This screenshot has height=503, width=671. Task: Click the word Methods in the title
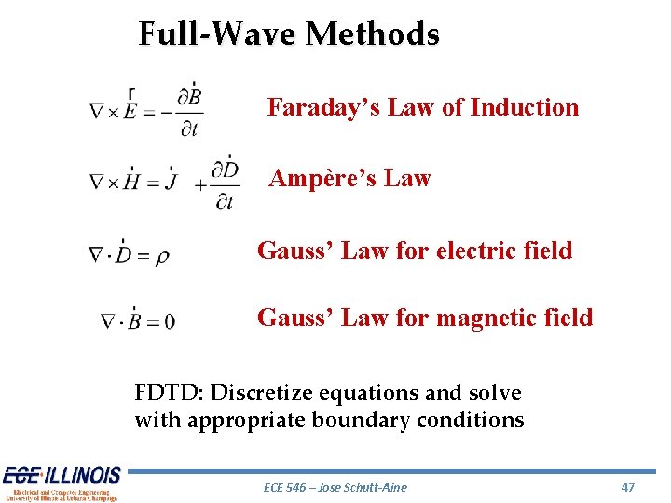[372, 34]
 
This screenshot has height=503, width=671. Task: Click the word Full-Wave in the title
[219, 34]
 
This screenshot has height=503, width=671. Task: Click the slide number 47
[627, 487]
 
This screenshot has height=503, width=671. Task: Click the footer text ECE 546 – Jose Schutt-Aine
[335, 487]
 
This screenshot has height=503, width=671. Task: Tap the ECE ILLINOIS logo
[61, 483]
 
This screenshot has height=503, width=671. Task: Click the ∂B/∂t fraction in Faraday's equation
[189, 110]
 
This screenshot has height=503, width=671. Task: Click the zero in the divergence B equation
[169, 323]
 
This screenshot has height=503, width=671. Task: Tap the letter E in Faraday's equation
[131, 111]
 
